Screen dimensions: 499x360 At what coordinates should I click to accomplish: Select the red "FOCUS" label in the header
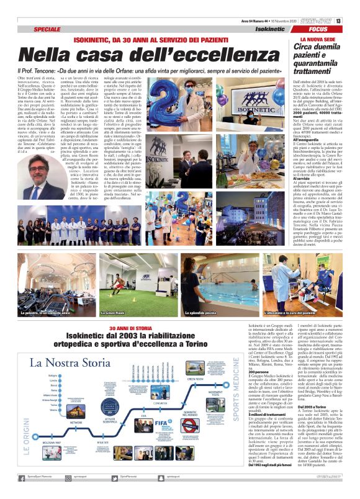pos(318,29)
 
